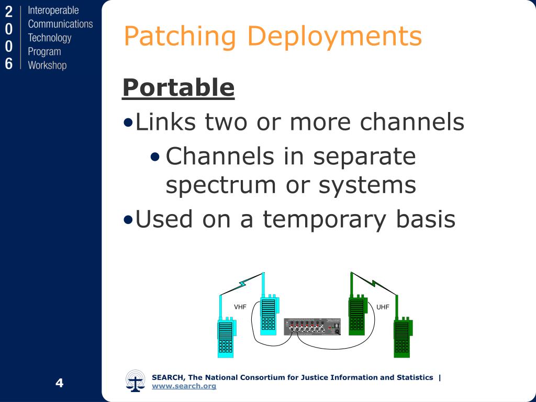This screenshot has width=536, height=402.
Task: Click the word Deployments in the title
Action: click(334, 37)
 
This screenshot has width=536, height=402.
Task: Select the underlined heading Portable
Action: click(178, 87)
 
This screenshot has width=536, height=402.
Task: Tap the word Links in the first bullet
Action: click(166, 122)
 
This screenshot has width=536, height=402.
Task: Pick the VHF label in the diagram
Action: click(240, 307)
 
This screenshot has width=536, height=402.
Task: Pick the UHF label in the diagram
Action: click(383, 307)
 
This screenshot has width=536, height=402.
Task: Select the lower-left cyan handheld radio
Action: click(226, 338)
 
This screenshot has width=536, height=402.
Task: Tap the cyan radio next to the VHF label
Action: click(268, 315)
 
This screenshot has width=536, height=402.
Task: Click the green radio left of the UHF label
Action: click(356, 315)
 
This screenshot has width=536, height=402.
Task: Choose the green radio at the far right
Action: click(402, 338)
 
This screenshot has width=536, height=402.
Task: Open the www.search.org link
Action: click(184, 386)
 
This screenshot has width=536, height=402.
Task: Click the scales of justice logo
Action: click(136, 381)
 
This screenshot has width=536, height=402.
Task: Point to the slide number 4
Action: click(59, 383)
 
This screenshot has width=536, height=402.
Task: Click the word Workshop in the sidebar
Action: click(47, 65)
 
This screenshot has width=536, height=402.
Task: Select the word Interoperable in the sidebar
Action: click(53, 10)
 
